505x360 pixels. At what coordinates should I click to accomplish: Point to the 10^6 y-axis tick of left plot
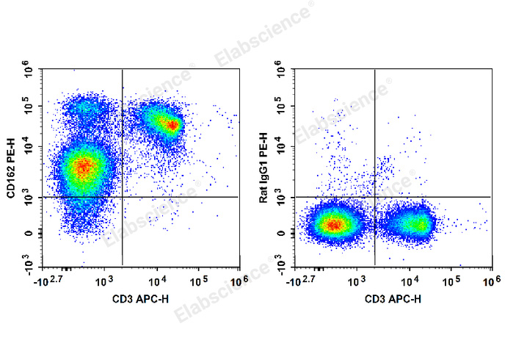pyautogui.click(x=29, y=71)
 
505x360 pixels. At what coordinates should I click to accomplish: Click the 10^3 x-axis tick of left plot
pyautogui.click(x=101, y=282)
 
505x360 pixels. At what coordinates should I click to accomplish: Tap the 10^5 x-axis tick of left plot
pyautogui.click(x=200, y=282)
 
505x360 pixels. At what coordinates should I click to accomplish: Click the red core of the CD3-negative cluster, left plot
pyautogui.click(x=83, y=168)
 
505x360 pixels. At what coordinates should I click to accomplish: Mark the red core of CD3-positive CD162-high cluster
pyautogui.click(x=172, y=125)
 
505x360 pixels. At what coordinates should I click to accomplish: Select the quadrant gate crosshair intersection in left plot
pyautogui.click(x=122, y=197)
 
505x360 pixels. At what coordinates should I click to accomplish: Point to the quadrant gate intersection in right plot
pyautogui.click(x=374, y=197)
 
